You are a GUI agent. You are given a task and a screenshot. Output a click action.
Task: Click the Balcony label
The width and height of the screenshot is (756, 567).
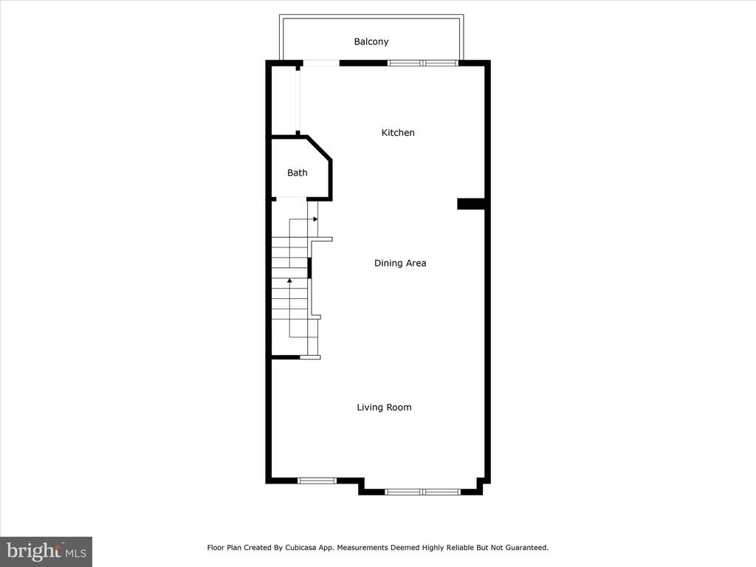[371, 42]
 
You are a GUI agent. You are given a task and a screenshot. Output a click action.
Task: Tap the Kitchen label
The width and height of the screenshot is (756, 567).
[398, 133]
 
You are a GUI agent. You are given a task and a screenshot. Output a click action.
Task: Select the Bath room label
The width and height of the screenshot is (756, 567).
[297, 173]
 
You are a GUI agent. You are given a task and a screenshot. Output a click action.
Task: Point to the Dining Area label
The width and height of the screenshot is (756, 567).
[400, 264]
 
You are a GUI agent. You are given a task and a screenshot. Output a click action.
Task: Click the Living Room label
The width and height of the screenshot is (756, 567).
[384, 408]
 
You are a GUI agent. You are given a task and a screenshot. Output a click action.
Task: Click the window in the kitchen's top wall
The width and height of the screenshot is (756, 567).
[423, 63]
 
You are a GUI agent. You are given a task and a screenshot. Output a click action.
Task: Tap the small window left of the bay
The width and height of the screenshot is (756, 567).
[317, 480]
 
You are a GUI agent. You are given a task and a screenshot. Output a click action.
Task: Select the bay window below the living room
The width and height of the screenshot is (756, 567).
[423, 492]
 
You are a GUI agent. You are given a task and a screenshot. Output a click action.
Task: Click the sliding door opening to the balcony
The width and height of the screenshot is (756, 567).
[321, 63]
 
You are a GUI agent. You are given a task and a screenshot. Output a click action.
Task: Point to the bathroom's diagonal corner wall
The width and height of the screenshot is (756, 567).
[319, 148]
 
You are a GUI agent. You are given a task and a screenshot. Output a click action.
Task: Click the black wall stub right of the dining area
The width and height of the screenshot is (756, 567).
[471, 204]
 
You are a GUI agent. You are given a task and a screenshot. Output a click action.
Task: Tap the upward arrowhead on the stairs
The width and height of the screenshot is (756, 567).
[289, 280]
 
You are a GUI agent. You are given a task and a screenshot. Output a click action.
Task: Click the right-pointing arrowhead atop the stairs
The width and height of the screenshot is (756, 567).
[315, 219]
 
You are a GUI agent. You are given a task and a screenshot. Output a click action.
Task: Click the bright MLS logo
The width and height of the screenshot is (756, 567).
[47, 551]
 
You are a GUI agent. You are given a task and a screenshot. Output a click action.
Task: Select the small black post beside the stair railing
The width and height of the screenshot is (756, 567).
[309, 268]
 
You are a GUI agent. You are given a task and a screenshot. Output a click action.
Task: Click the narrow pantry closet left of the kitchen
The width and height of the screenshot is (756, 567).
[284, 100]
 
